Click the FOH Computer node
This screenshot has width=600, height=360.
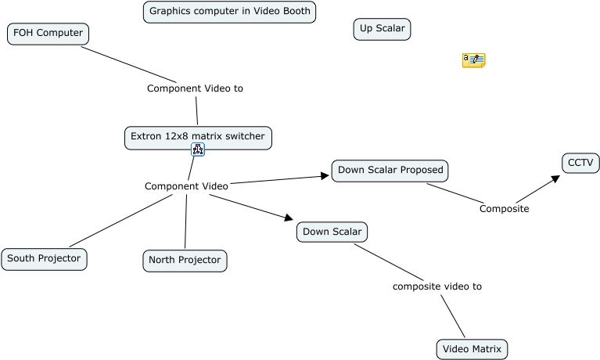(48, 34)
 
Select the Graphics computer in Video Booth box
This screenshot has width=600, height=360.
(229, 12)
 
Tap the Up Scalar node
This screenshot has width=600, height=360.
(382, 30)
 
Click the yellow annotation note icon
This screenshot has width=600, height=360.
(473, 60)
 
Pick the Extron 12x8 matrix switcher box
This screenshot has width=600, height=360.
(198, 137)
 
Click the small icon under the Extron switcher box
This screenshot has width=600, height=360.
(198, 149)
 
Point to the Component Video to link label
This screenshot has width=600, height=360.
(195, 88)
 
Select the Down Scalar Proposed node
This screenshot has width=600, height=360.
(390, 171)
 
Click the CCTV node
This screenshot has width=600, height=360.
(580, 163)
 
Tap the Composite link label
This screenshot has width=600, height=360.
(504, 209)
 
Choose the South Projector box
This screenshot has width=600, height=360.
(44, 259)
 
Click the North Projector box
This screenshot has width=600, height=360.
(185, 261)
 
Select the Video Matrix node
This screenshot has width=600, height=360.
(472, 349)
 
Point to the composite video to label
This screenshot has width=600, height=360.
(437, 286)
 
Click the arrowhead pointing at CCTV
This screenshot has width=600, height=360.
(555, 178)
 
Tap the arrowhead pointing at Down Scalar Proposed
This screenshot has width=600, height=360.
(325, 176)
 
